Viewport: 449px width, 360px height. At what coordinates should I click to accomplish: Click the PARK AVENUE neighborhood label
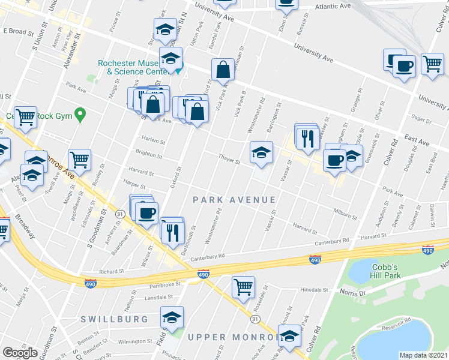pos(234,200)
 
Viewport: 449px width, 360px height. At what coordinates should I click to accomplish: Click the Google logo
pos(20,352)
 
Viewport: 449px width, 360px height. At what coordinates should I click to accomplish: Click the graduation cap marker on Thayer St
pos(261,152)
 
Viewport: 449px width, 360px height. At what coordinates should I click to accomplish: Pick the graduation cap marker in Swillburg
pos(172,316)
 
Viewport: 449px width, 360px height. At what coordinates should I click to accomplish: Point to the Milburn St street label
pos(345,212)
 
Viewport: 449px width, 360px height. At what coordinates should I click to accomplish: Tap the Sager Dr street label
pos(423,121)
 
